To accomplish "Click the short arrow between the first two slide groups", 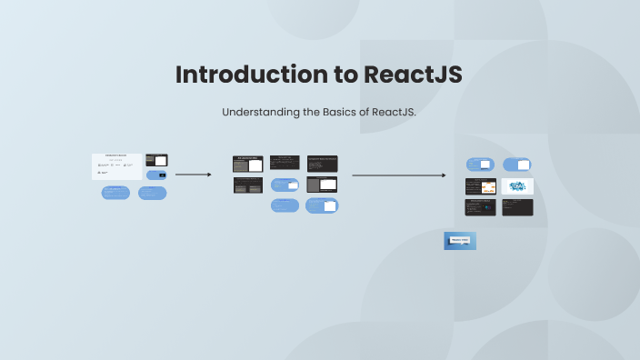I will (193, 174).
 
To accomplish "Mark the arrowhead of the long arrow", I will (444, 175).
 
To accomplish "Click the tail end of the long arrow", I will (354, 175).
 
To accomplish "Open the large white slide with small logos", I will (116, 166).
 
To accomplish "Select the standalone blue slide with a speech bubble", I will (460, 241).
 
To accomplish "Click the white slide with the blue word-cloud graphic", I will (517, 186).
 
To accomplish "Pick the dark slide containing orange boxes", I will (481, 186).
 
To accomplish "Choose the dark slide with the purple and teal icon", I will (481, 207).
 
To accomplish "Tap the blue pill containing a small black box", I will (156, 175).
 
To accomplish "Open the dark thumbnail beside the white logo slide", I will (156, 160).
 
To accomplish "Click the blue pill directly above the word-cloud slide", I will (517, 165).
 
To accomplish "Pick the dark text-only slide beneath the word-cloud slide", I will (517, 207).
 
